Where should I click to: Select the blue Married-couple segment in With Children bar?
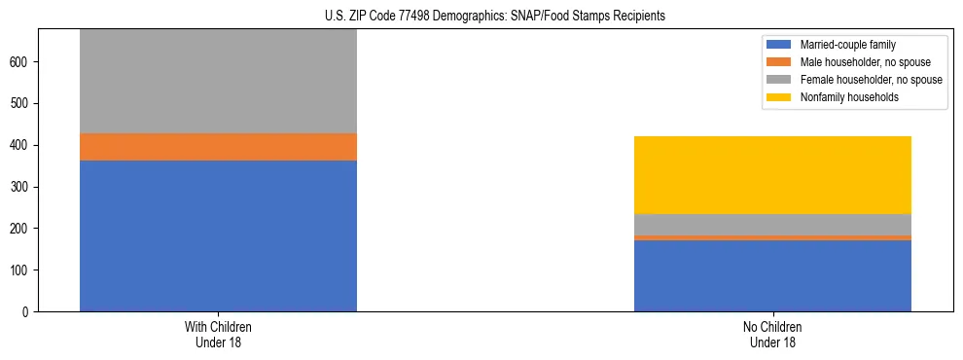218,235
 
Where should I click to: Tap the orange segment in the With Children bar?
218,147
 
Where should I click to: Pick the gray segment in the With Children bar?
218,82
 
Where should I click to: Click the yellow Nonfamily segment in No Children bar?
772,174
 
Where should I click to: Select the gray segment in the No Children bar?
772,224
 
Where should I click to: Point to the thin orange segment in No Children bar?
772,237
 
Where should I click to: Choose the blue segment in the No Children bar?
772,275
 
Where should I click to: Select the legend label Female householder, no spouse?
871,80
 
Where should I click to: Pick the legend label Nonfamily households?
842,97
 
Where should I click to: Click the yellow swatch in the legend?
780,97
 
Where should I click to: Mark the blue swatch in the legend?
780,45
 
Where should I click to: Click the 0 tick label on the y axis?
30,311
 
